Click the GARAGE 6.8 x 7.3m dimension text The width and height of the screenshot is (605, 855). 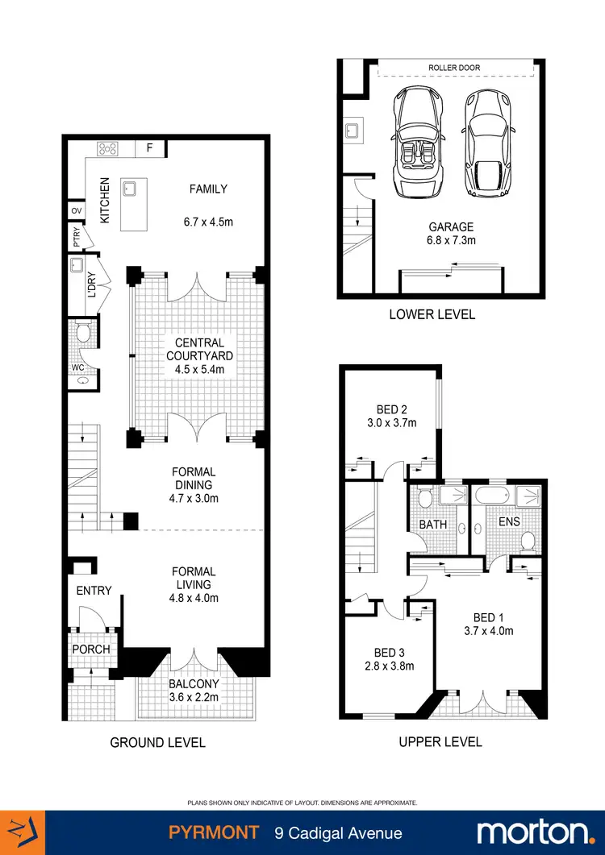point(451,234)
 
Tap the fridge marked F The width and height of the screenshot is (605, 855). point(149,148)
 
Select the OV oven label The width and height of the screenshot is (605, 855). point(77,211)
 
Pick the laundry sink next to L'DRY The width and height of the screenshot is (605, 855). point(77,266)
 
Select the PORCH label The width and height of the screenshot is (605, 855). point(91,650)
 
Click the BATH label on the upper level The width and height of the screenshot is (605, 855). point(432,525)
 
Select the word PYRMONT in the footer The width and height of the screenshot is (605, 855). point(213,832)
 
